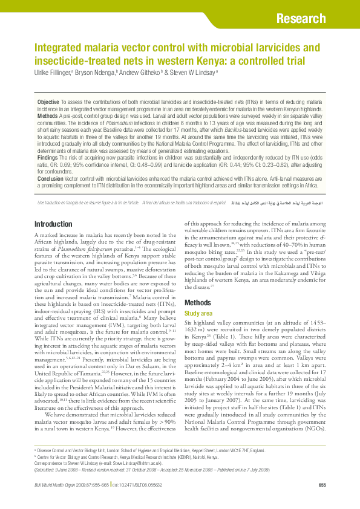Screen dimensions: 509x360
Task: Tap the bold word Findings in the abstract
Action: point(48,157)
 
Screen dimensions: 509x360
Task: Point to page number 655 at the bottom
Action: point(322,485)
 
